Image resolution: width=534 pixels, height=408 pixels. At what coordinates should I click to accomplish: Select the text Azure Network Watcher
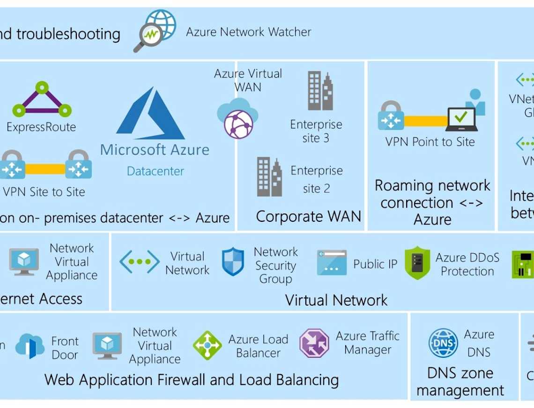(x=248, y=32)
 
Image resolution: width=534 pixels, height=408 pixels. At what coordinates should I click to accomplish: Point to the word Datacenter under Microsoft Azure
(x=155, y=171)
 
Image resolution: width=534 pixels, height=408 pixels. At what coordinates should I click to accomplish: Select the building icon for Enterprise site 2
(x=269, y=177)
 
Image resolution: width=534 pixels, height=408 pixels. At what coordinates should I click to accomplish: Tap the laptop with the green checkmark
(x=461, y=119)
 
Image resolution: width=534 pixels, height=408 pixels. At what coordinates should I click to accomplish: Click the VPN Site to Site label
(x=44, y=192)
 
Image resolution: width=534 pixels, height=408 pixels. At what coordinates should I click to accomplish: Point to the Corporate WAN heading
(x=308, y=216)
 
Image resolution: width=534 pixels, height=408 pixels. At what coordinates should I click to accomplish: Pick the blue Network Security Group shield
(x=233, y=262)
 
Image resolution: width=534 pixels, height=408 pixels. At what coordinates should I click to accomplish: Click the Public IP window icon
(x=332, y=263)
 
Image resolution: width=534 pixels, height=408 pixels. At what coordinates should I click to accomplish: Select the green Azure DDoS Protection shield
(x=417, y=263)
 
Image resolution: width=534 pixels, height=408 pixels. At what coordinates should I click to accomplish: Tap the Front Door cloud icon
(x=30, y=347)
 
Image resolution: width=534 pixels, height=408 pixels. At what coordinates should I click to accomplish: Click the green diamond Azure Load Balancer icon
(x=207, y=346)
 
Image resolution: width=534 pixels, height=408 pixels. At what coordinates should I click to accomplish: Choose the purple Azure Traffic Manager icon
(x=314, y=343)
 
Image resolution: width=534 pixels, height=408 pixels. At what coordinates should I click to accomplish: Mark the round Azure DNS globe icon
(x=443, y=343)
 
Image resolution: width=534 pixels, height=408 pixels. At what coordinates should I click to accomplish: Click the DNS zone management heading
(x=460, y=381)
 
